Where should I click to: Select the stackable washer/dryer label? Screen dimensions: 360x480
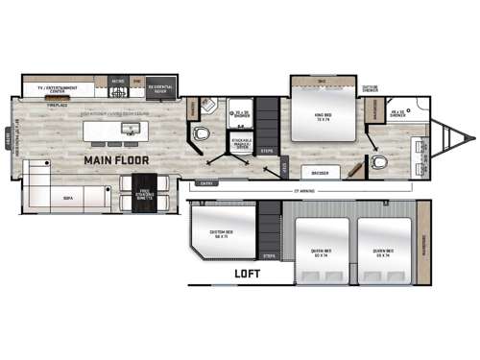[x=242, y=142]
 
